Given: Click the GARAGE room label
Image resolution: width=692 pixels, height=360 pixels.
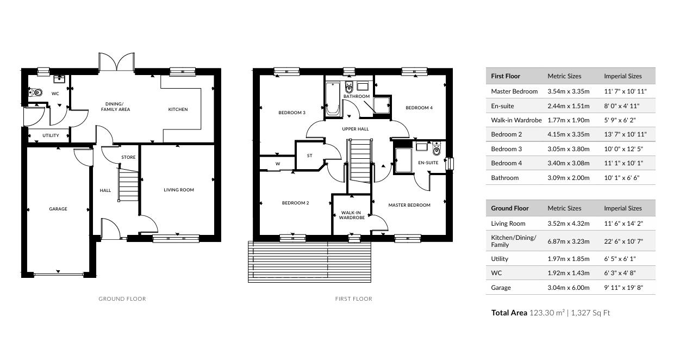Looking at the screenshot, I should tap(58, 209).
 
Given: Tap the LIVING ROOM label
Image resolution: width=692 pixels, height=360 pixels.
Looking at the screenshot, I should tap(179, 190).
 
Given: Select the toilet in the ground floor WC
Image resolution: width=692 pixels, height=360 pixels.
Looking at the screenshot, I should tap(37, 92).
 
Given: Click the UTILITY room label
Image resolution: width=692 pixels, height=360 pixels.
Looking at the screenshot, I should tap(51, 135).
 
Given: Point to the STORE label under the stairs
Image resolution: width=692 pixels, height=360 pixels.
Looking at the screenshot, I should tap(128, 157).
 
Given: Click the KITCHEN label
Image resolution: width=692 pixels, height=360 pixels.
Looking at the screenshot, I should tap(178, 109).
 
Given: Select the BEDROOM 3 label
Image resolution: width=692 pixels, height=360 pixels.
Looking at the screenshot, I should tap(292, 113).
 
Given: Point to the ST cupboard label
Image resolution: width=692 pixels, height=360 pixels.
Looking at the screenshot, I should tap(310, 156).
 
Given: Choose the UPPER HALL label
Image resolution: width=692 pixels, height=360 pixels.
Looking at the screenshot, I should tap(355, 129).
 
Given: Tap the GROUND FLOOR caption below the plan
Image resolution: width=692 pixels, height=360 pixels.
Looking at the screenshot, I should tap(122, 299).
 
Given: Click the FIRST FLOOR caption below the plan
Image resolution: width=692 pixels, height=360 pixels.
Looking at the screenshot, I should tap(353, 299).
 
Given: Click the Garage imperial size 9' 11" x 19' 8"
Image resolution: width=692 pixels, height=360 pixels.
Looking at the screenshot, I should tap(624, 288).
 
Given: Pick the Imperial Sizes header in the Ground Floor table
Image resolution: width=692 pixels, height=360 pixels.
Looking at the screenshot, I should tap(622, 208).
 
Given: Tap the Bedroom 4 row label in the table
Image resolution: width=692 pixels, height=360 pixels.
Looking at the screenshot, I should tap(506, 163).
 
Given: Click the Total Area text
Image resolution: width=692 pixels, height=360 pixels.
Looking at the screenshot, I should tap(551, 313).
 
